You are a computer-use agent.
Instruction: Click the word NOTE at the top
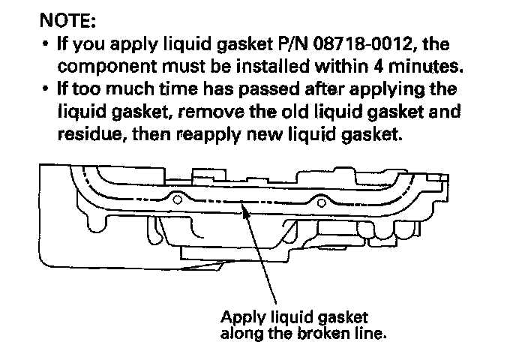[65, 16]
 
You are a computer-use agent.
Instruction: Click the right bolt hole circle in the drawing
[321, 200]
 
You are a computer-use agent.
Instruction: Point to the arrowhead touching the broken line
[244, 212]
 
